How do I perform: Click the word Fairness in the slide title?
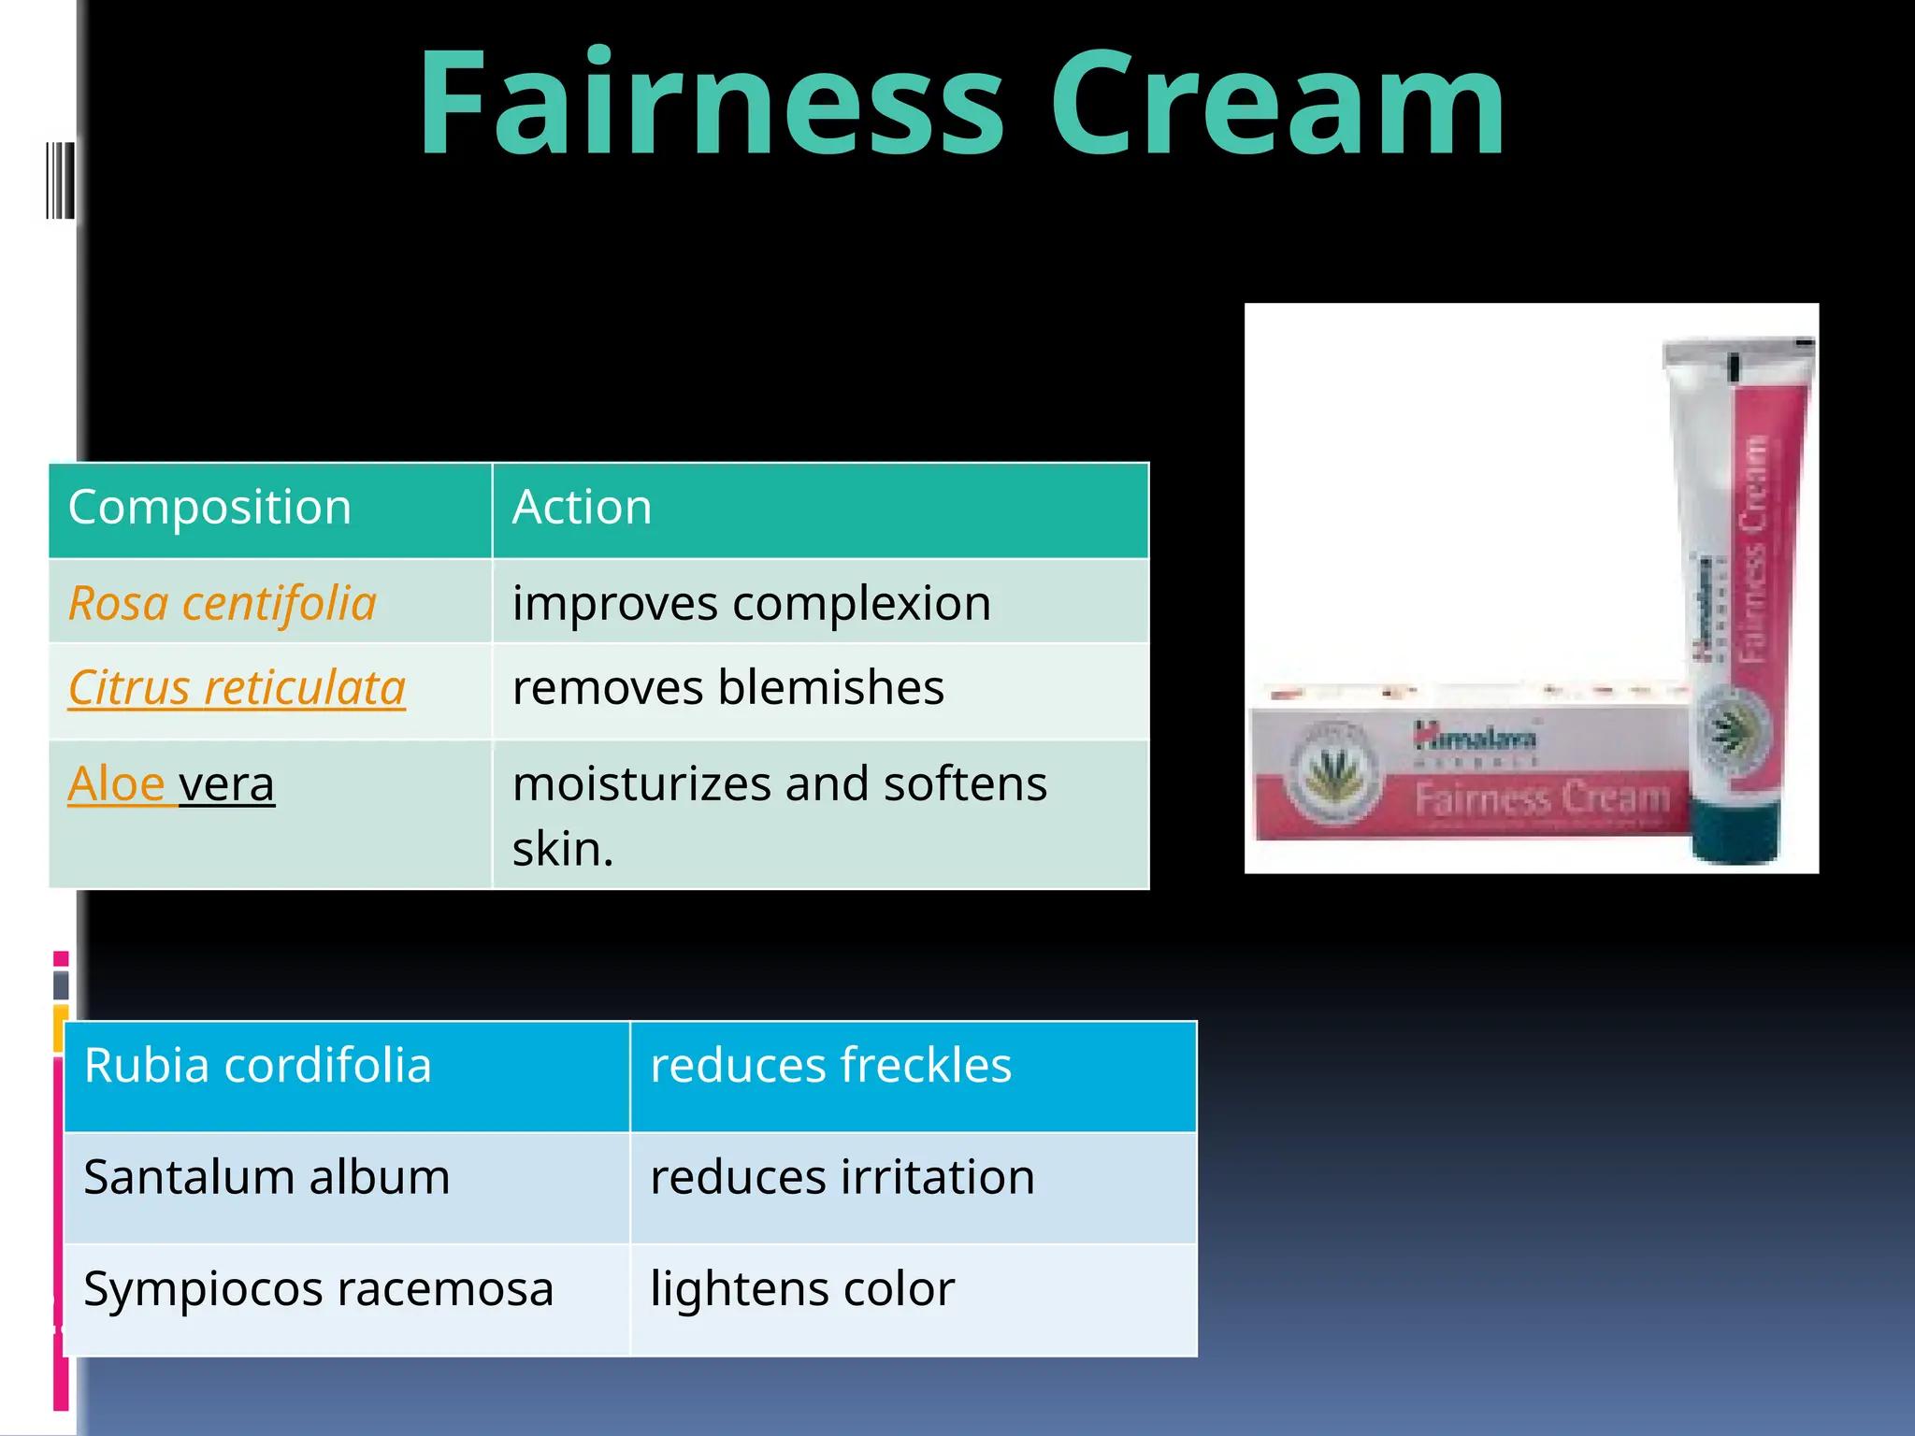click(x=711, y=103)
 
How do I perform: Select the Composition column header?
click(x=209, y=508)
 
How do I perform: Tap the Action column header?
click(x=582, y=508)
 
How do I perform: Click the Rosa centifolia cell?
click(x=223, y=603)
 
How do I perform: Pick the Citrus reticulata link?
click(x=237, y=688)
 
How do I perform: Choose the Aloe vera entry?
click(x=171, y=783)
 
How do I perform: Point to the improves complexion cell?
click(x=751, y=603)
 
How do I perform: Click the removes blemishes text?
click(x=727, y=688)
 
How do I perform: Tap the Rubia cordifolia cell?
click(x=257, y=1066)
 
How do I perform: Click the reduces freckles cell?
click(x=830, y=1066)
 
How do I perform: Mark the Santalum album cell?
click(x=266, y=1177)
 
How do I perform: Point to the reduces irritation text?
click(x=842, y=1177)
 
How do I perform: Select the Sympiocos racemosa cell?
click(x=318, y=1289)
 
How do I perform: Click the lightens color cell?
click(x=802, y=1289)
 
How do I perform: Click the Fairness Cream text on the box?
click(x=1541, y=798)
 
